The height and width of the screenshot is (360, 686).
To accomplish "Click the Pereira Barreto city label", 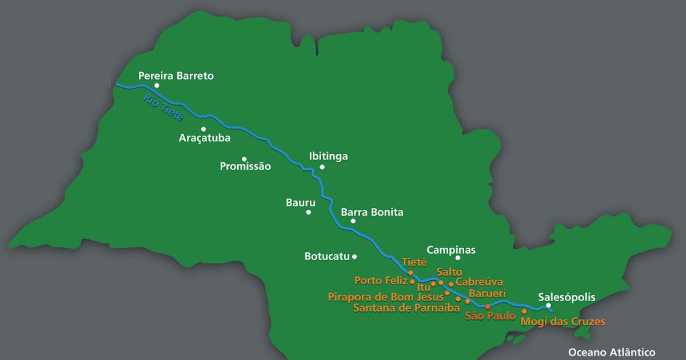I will coord(176,75).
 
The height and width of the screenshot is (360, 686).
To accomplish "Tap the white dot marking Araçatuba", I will coord(203,129).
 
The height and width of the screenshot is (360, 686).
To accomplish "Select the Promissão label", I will coord(245,166).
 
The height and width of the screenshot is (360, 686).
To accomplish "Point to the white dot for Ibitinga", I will coord(322,167).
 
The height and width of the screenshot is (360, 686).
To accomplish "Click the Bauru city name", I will coord(300,202).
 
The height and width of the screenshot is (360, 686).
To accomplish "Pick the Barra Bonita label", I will coord(372,213).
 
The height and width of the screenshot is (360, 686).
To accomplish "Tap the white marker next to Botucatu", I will coord(354,257).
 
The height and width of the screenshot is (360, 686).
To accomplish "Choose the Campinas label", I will coord(451,250).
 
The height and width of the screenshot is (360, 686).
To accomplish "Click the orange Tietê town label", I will coord(414,262).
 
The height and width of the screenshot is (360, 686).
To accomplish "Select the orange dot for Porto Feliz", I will coord(412,281).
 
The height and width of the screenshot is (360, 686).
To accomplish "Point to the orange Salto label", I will coord(449,272).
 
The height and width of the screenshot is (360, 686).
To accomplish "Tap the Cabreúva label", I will coord(479,282).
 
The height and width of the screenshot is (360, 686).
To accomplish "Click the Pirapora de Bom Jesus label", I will coord(385,297).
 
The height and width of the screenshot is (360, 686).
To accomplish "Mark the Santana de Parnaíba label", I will coord(406,308).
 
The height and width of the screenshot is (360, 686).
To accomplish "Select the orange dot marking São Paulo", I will coord(488,307).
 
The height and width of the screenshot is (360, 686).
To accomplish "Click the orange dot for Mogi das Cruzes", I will coord(524,311).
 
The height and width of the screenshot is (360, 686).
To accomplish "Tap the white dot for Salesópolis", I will coord(549,305).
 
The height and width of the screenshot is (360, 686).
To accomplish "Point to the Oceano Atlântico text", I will coord(612,353).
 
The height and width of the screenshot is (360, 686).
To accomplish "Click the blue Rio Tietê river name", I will coord(163,107).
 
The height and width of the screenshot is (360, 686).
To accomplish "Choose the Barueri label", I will coord(487,293).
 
